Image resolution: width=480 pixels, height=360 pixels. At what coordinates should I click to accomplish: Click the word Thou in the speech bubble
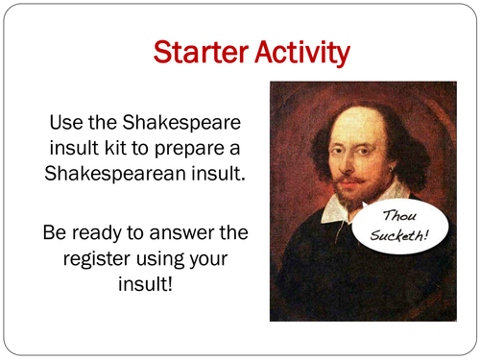point(402,219)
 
